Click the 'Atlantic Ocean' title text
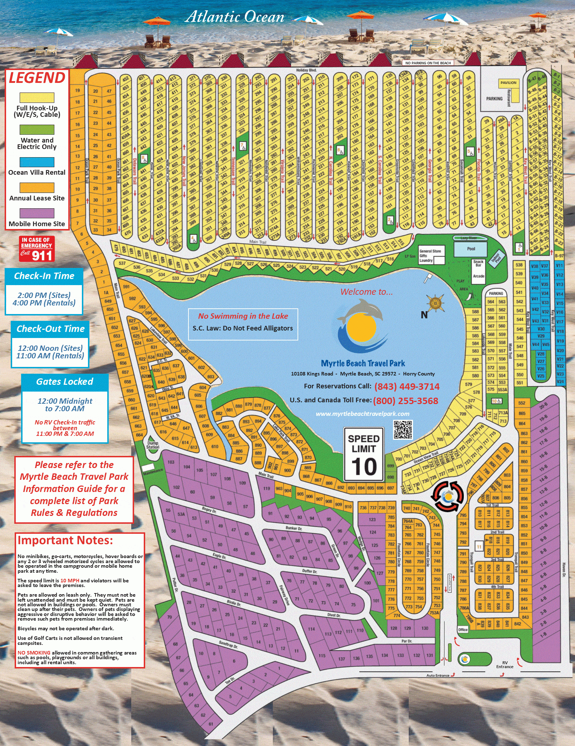pyautogui.click(x=235, y=17)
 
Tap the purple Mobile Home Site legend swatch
pyautogui.click(x=37, y=213)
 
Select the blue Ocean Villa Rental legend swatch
pyautogui.click(x=37, y=162)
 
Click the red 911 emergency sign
pyautogui.click(x=36, y=249)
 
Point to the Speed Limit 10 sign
pyautogui.click(x=364, y=454)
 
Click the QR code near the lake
pyautogui.click(x=403, y=429)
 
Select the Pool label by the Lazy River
pyautogui.click(x=471, y=249)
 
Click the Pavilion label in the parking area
pyautogui.click(x=508, y=83)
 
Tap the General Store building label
pyautogui.click(x=430, y=251)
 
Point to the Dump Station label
pyautogui.click(x=153, y=445)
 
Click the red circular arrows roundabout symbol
pyautogui.click(x=448, y=496)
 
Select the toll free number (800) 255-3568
pyautogui.click(x=406, y=401)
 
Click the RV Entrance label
pyautogui.click(x=505, y=665)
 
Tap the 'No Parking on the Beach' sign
pyautogui.click(x=428, y=63)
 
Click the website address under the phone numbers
pyautogui.click(x=362, y=414)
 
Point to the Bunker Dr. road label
pyautogui.click(x=294, y=528)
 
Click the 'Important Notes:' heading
pyautogui.click(x=65, y=540)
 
